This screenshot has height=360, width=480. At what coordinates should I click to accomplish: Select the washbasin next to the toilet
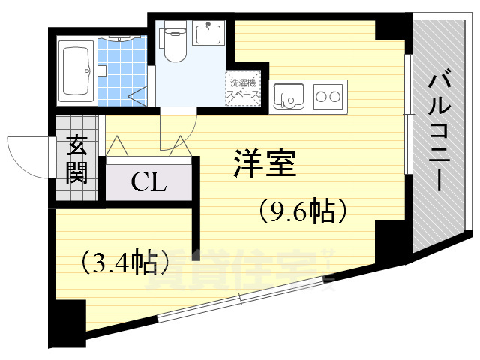(x=208, y=34)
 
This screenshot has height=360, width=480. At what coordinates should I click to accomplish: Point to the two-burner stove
(x=328, y=97)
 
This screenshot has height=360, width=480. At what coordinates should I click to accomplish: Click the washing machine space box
(x=244, y=91)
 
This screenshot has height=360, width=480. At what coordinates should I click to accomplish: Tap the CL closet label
(x=148, y=181)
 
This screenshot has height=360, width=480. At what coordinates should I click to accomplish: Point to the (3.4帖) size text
(x=124, y=262)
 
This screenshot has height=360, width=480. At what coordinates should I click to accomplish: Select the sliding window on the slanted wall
(x=242, y=298)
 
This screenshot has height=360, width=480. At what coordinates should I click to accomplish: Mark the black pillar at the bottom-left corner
(x=67, y=322)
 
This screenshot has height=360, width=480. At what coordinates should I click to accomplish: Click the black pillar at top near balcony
(x=391, y=28)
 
